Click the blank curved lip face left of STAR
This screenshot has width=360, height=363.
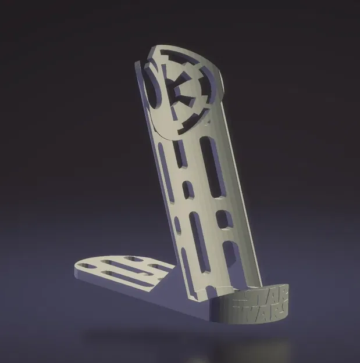[x=224, y=311]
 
